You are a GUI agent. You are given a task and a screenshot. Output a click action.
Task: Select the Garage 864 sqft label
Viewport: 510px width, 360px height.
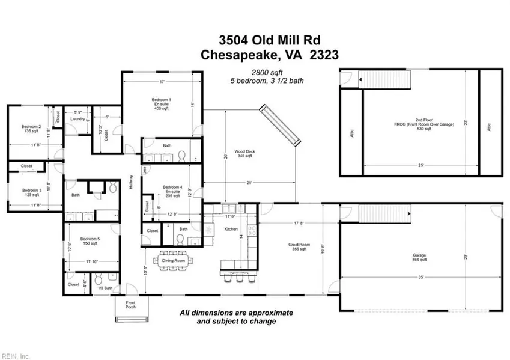tap(419, 257)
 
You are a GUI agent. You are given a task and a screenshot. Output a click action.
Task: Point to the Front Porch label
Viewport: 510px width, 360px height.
tap(130, 305)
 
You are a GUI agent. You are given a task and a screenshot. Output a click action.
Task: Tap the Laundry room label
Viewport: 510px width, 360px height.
tap(77, 119)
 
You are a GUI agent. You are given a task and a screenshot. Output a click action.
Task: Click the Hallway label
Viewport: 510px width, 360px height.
tap(130, 183)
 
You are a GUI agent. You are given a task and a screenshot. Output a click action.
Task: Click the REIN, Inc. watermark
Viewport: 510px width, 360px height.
tap(15, 356)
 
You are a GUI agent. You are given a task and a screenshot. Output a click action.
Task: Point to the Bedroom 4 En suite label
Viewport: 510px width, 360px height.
tap(172, 191)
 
